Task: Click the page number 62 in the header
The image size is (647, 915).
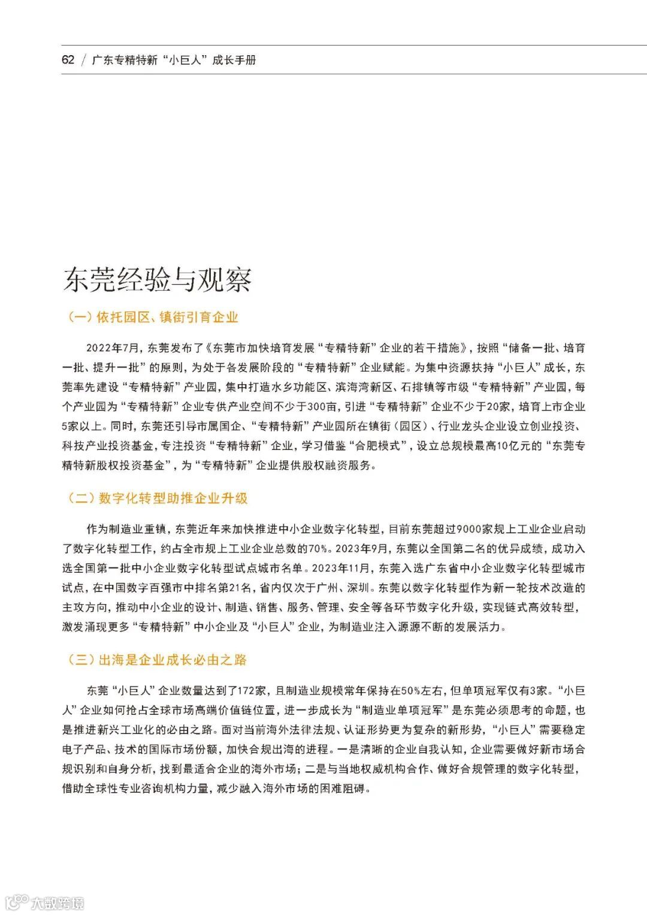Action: click(68, 60)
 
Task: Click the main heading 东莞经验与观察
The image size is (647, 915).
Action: click(157, 280)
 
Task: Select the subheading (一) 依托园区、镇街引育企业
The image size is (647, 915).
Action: click(153, 318)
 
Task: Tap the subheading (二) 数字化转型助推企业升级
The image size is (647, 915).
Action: click(158, 498)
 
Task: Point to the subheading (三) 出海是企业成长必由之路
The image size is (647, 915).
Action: click(157, 660)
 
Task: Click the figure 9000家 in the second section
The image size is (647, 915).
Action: click(473, 529)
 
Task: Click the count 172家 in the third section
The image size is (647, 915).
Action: click(251, 691)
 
